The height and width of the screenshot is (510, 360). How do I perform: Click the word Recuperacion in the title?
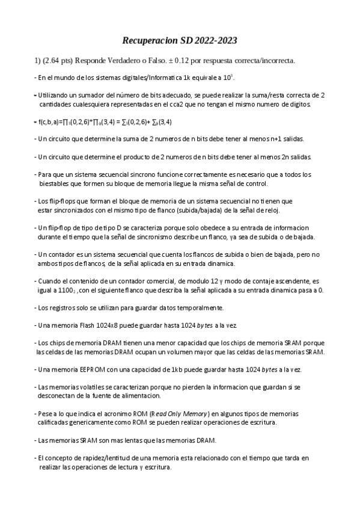149,41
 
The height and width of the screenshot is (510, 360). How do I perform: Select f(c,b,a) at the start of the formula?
50,121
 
